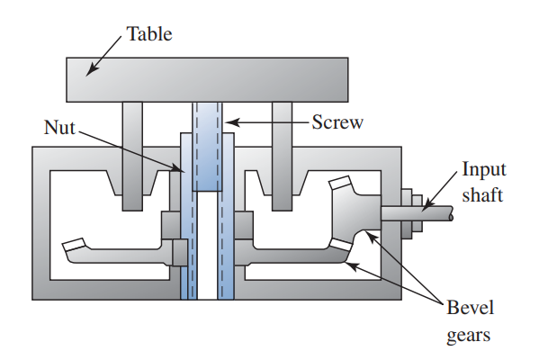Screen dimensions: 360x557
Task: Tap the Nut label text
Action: [59, 128]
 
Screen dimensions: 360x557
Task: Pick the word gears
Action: [470, 336]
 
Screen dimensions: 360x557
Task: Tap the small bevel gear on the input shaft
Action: [353, 216]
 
